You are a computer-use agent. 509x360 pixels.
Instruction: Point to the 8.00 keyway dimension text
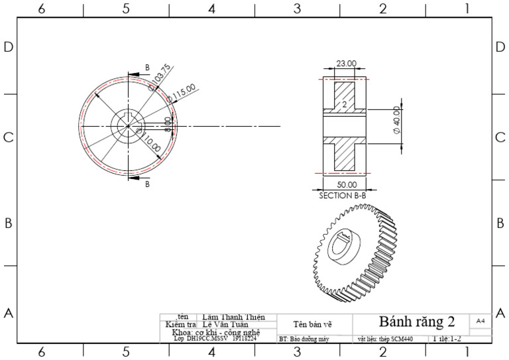168,123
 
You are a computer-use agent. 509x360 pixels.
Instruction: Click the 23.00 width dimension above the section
346,64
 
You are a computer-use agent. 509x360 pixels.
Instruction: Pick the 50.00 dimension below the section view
347,185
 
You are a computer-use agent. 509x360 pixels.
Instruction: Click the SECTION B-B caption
343,196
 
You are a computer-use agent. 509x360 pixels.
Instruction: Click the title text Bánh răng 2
417,322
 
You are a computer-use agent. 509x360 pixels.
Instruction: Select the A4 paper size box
481,320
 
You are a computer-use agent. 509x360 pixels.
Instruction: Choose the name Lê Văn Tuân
225,325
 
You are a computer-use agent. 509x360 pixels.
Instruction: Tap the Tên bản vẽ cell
312,324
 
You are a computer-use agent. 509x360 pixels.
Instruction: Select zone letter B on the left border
9,223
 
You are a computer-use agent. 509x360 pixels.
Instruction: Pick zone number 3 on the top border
297,9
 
